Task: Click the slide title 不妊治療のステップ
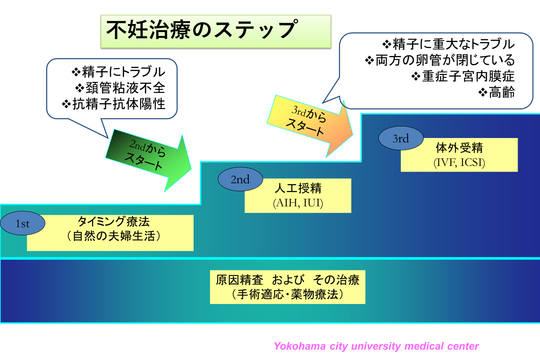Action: click(x=202, y=30)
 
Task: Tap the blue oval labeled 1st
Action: click(x=22, y=224)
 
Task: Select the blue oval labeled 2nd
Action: click(x=240, y=179)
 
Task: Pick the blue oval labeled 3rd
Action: click(x=400, y=138)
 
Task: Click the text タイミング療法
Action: click(x=114, y=221)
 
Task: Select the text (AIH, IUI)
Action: click(x=298, y=203)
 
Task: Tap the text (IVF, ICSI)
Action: click(x=459, y=162)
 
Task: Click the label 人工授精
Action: click(x=298, y=188)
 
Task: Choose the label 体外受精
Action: click(x=459, y=148)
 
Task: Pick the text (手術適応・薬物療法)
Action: click(x=288, y=294)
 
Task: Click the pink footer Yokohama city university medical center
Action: click(x=376, y=346)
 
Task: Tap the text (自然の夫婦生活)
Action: click(x=114, y=236)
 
